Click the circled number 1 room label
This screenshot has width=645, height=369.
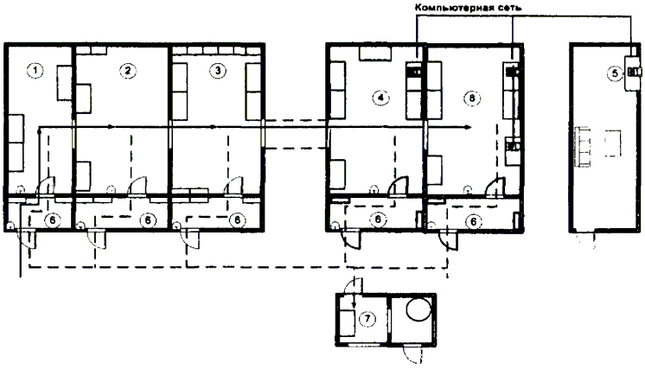[x=35, y=71]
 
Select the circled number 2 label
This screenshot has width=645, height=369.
[x=127, y=71]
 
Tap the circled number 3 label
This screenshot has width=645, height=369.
[x=218, y=71]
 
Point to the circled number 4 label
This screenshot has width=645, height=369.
[x=381, y=98]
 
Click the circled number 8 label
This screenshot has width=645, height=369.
[x=472, y=98]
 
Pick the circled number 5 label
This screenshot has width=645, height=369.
[x=615, y=73]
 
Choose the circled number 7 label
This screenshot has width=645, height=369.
[x=367, y=319]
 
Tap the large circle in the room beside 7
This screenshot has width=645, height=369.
[x=419, y=309]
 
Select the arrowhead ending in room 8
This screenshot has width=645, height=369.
[x=468, y=127]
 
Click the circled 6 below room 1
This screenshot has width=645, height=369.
[x=52, y=220]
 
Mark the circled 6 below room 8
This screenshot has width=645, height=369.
[x=474, y=222]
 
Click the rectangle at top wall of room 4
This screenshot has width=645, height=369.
[x=374, y=54]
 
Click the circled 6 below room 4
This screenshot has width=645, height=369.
[x=378, y=219]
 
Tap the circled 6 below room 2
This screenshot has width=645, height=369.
[x=148, y=220]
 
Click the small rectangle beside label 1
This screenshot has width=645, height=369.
[x=65, y=83]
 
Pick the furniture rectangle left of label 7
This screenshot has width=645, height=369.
[x=347, y=323]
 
